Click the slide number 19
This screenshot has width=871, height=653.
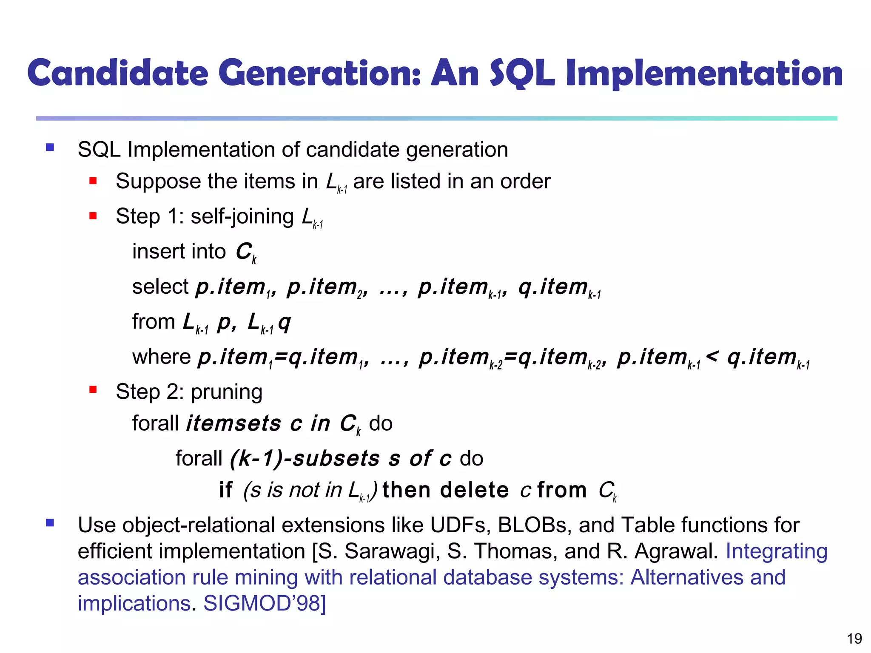pos(854,639)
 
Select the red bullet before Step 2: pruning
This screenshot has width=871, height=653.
pos(93,389)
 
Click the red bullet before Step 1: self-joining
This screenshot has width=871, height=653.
pos(93,216)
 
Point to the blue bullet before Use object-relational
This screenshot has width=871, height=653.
pos(50,522)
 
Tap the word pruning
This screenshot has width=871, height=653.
pos(226,392)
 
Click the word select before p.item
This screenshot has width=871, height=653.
pos(160,287)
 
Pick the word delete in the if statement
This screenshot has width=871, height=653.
pos(474,490)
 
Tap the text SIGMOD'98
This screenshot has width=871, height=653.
pos(264,603)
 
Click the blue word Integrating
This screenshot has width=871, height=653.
pos(776,551)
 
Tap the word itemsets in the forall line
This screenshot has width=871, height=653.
pos(234,423)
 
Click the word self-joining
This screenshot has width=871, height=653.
pos(242,217)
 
